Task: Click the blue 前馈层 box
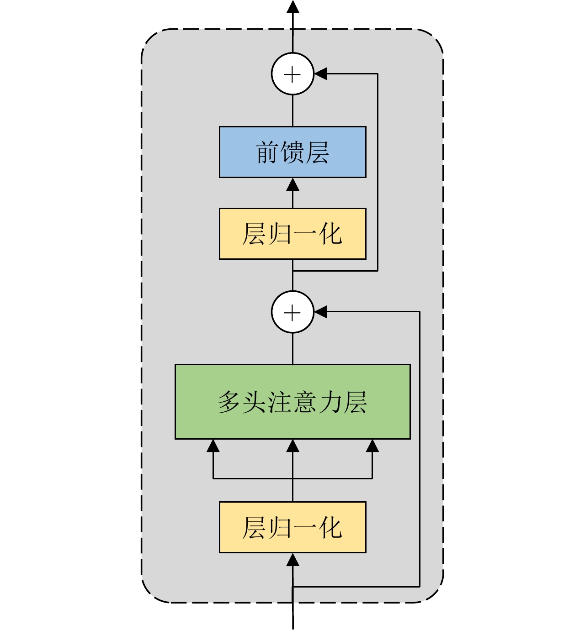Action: (292, 152)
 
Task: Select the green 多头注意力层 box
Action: (292, 402)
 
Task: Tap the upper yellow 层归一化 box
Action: (292, 234)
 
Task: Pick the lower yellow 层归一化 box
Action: (292, 527)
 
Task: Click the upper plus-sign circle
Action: (292, 74)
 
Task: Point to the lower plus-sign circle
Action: (292, 312)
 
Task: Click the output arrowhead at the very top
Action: (292, 6)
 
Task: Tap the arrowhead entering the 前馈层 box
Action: (292, 184)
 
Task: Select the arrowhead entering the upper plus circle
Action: (321, 74)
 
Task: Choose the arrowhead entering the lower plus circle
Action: (321, 312)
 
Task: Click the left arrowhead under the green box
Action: (213, 446)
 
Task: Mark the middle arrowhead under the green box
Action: (292, 446)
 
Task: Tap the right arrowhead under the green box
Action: (372, 446)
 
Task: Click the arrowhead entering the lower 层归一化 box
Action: (292, 560)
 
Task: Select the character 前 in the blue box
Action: (267, 152)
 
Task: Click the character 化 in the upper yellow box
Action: (330, 234)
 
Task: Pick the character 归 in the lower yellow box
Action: (279, 528)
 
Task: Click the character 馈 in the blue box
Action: (292, 152)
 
